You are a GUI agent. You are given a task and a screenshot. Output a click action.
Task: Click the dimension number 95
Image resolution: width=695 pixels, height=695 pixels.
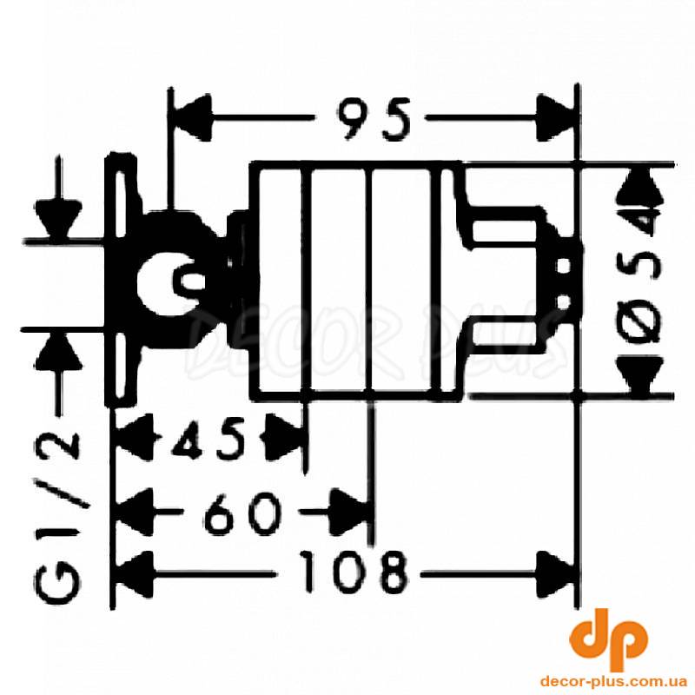pyautogui.click(x=374, y=119)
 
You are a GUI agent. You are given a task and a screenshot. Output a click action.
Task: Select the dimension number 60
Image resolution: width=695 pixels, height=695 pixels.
pyautogui.click(x=243, y=513)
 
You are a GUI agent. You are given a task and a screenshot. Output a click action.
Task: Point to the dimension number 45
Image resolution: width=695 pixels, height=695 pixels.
pyautogui.click(x=208, y=440)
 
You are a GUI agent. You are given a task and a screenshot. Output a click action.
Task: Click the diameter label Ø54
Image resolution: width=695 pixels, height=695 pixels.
pyautogui.click(x=645, y=279)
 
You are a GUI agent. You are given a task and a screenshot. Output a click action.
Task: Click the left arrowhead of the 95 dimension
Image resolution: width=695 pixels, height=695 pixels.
pyautogui.click(x=191, y=117)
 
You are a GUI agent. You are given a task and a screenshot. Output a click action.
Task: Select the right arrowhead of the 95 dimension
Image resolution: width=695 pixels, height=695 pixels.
pyautogui.click(x=555, y=117)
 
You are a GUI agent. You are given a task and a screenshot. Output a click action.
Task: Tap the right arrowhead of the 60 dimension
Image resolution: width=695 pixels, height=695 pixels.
pyautogui.click(x=350, y=512)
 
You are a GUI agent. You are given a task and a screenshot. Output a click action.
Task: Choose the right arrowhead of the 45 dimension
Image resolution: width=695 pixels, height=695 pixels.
pyautogui.click(x=284, y=439)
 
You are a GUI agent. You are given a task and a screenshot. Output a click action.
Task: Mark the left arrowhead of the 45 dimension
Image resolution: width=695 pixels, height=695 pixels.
pyautogui.click(x=135, y=439)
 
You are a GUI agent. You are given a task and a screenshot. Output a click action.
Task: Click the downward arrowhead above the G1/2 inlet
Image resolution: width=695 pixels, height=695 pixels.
pyautogui.click(x=59, y=219)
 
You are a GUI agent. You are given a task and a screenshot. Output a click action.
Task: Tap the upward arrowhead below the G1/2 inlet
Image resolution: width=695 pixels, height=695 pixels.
pyautogui.click(x=59, y=352)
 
